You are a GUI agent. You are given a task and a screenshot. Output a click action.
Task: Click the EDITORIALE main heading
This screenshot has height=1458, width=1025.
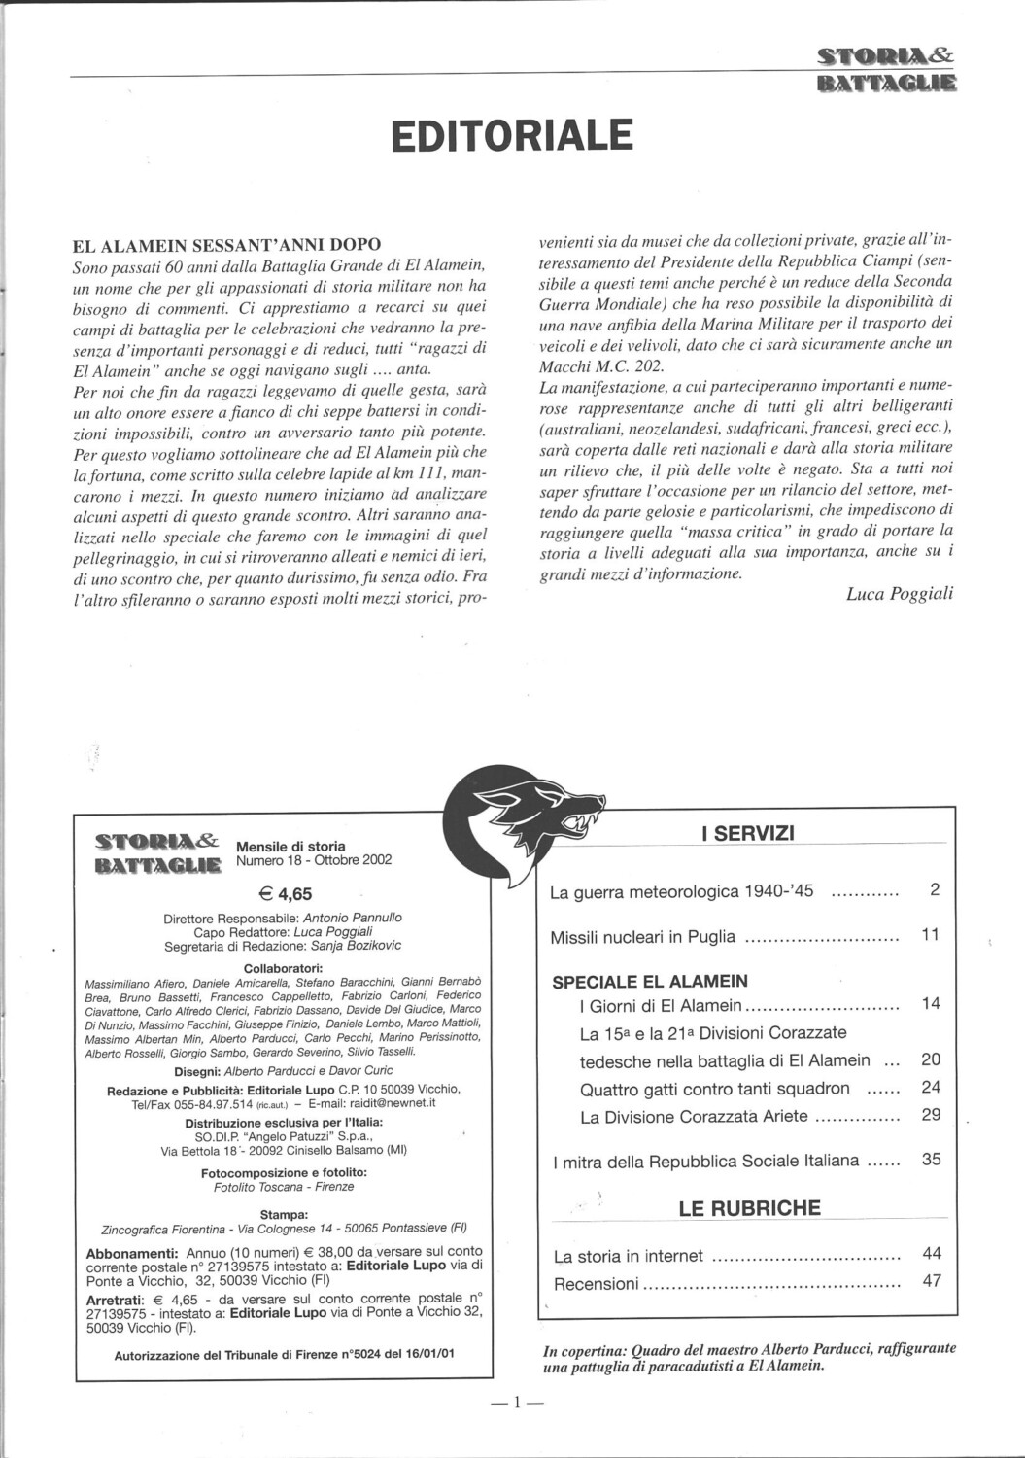pos(512,136)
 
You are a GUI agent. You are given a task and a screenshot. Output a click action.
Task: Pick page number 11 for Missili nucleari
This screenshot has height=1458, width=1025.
pos(930,936)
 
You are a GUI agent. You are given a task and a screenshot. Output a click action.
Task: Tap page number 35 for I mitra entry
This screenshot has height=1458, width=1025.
pos(931,1159)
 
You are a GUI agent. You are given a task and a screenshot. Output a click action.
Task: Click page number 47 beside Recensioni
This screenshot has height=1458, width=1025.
pos(931,1281)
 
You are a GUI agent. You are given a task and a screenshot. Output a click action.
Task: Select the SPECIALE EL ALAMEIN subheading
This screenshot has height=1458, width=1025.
pos(650,981)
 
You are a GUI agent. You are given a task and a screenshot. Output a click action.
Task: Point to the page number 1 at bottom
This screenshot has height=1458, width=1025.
pos(518,1402)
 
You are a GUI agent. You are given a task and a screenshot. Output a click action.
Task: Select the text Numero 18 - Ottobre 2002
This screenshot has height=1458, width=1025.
pos(314,860)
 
